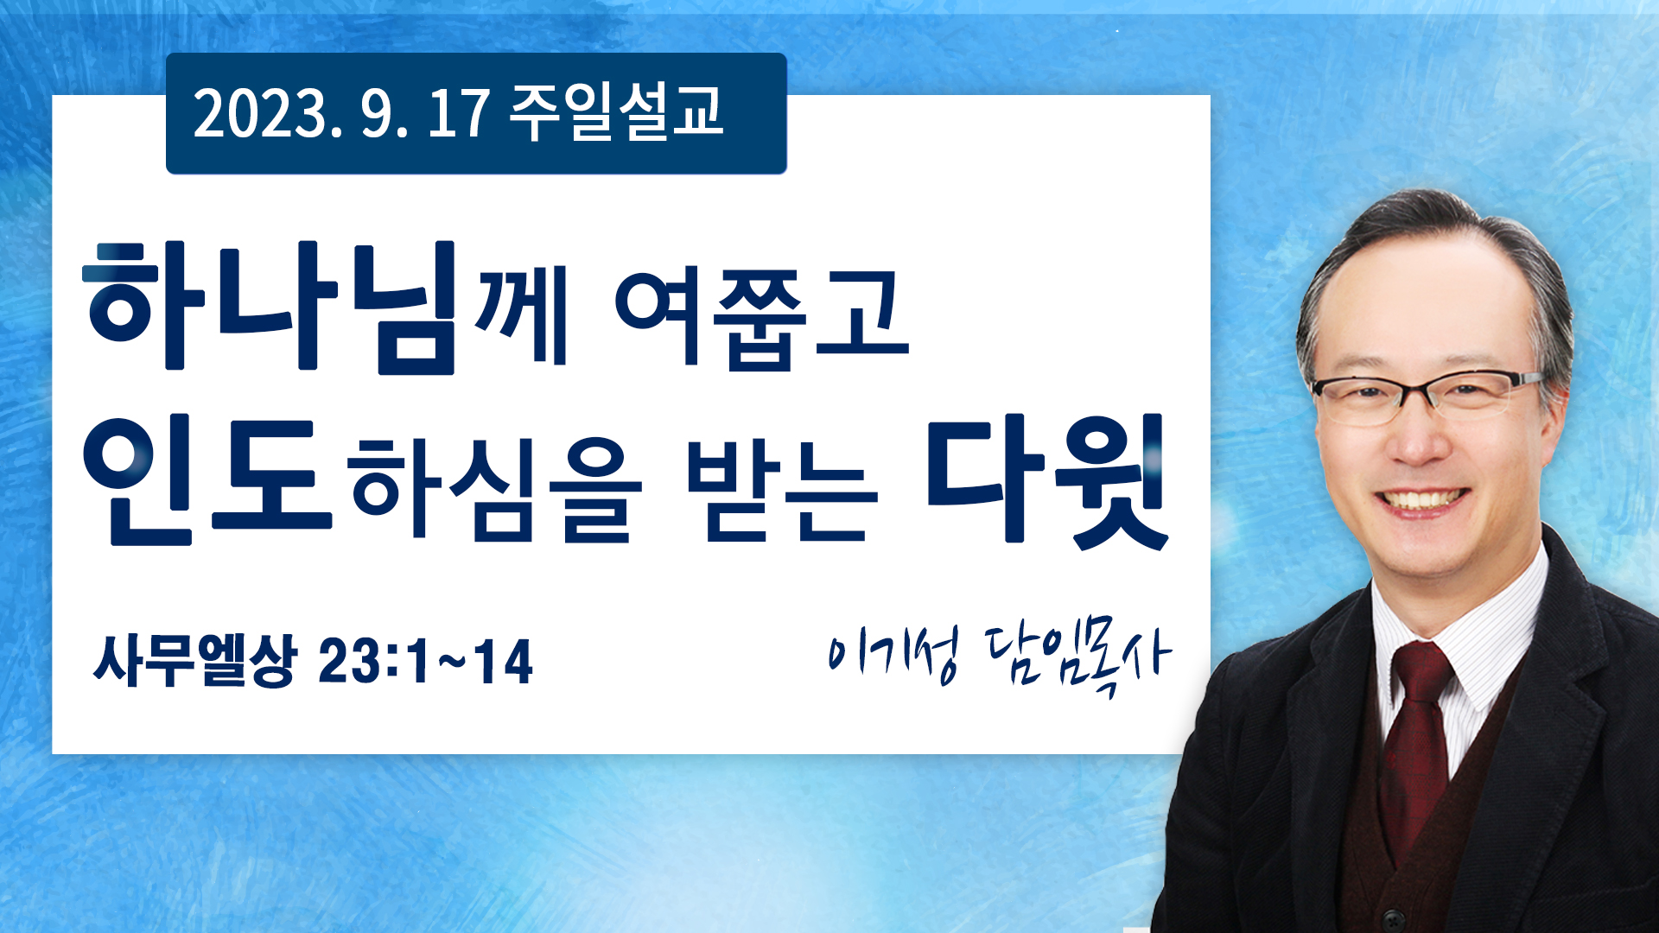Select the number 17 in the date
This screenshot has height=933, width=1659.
[x=459, y=113]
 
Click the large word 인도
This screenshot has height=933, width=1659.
[x=207, y=480]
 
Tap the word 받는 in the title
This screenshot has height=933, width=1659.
[x=781, y=489]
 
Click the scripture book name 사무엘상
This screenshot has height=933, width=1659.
[x=195, y=661]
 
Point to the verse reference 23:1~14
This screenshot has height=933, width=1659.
[x=426, y=662]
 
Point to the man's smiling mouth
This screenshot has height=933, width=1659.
[x=1421, y=500]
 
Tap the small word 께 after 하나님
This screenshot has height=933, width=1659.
[x=521, y=314]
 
